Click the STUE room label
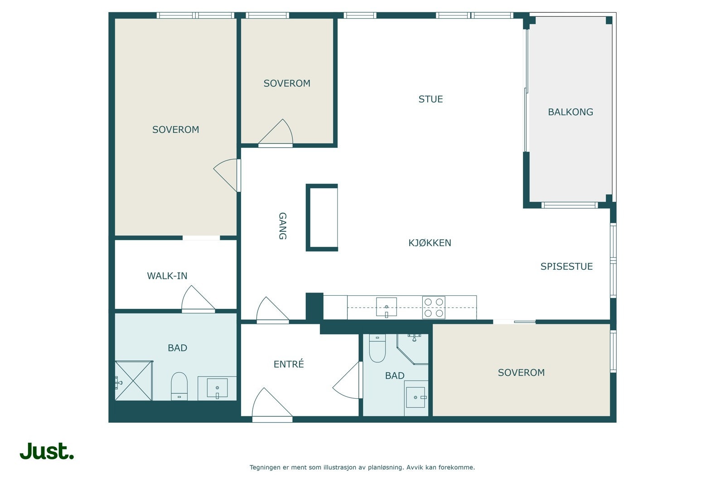(430, 99)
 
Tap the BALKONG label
(570, 112)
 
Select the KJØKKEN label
(430, 243)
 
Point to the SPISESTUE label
(566, 266)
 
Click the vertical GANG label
(283, 226)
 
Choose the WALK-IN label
(167, 276)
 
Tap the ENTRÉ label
(289, 364)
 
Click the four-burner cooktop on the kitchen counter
(433, 307)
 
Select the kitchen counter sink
(386, 307)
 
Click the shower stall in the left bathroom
(134, 380)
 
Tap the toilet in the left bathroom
(179, 386)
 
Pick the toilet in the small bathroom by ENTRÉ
(377, 348)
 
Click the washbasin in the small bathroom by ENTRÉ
(416, 397)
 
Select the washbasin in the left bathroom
(217, 388)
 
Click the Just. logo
(47, 451)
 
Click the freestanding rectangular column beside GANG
(322, 218)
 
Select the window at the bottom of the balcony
(570, 205)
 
